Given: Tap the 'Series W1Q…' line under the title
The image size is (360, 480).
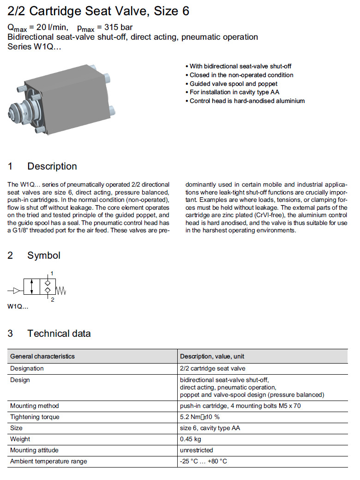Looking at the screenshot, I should click(x=35, y=46).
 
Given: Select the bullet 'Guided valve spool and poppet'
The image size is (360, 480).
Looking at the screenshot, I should click(x=234, y=84).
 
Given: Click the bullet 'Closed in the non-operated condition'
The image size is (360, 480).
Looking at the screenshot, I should click(x=241, y=75).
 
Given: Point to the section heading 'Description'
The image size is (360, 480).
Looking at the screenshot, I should click(x=52, y=166).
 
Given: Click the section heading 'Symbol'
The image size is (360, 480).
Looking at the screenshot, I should click(x=44, y=255).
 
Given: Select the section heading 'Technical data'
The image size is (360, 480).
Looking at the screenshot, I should click(x=59, y=334).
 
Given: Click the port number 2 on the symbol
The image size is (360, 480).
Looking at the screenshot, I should click(x=52, y=300).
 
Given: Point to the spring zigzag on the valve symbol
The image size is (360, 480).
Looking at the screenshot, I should click(x=62, y=291).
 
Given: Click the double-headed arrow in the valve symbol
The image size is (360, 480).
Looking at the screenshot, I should click(x=31, y=286).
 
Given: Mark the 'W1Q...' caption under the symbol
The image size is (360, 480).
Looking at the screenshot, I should click(x=18, y=306).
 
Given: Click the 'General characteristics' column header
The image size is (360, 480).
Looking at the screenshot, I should click(x=42, y=356).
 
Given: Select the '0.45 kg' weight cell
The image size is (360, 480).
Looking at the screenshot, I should click(x=191, y=439).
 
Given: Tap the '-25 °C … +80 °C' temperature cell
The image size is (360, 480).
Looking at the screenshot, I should click(x=204, y=461).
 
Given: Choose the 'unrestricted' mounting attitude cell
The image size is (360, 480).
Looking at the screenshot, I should click(x=197, y=450).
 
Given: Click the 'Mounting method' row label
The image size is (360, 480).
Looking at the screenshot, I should click(x=35, y=406).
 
